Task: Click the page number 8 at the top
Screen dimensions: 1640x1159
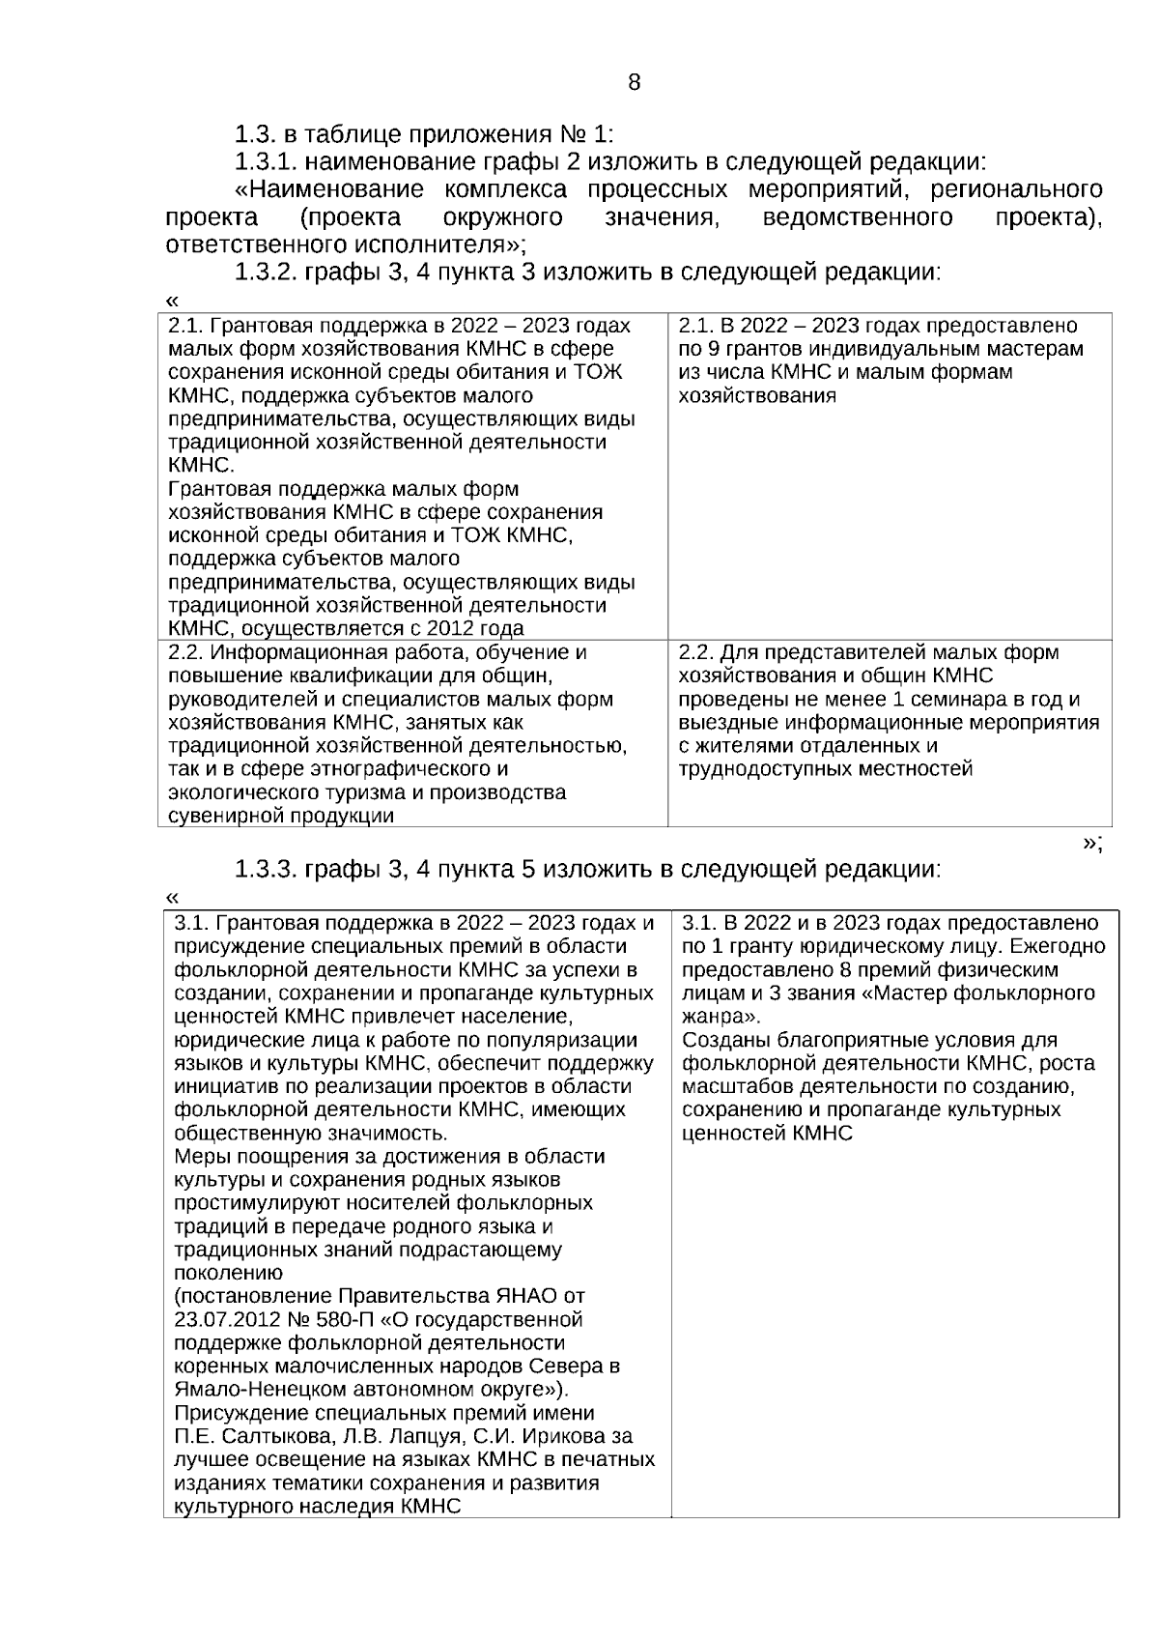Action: [634, 82]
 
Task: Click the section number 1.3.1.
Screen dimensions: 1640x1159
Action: [270, 160]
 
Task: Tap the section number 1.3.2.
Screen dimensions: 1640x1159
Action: [270, 272]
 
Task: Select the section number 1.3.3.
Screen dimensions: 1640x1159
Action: [270, 869]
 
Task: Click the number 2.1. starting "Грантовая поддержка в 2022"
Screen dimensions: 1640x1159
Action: [185, 326]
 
